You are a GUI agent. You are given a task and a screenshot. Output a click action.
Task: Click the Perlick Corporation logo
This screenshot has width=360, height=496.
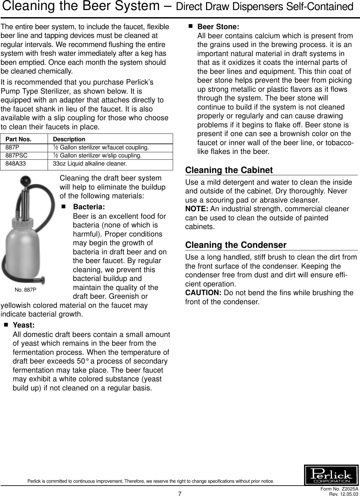click(x=331, y=475)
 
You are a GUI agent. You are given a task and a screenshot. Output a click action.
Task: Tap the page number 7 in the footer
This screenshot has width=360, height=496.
click(x=180, y=494)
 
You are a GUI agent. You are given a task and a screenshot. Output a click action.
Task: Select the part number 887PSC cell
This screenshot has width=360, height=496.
click(x=19, y=156)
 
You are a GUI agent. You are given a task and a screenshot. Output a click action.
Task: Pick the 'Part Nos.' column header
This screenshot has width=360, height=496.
click(x=18, y=139)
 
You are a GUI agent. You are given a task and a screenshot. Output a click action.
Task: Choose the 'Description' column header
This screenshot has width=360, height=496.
click(x=69, y=139)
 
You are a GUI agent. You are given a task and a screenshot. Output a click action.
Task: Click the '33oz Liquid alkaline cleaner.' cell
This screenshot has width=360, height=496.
click(x=90, y=164)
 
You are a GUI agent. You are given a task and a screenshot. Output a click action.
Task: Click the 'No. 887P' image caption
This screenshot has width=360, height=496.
click(x=26, y=290)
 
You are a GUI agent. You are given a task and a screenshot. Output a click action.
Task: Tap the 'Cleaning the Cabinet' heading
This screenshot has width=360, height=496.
click(x=229, y=170)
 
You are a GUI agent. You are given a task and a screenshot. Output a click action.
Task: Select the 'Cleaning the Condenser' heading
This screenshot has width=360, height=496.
click(x=236, y=245)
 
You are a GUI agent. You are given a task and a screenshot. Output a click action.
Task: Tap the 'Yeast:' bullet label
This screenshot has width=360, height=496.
click(x=24, y=325)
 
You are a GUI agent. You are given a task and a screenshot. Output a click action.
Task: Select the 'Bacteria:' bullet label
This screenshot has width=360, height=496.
click(x=89, y=207)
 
